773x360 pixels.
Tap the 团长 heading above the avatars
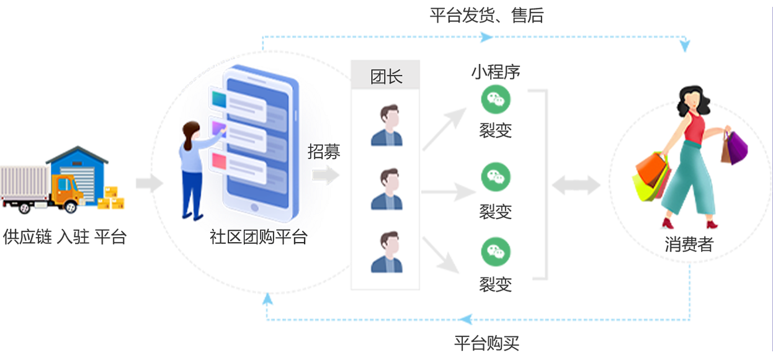386,77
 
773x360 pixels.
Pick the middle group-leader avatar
386,189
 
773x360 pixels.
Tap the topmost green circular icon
496,97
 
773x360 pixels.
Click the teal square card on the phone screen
219,99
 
